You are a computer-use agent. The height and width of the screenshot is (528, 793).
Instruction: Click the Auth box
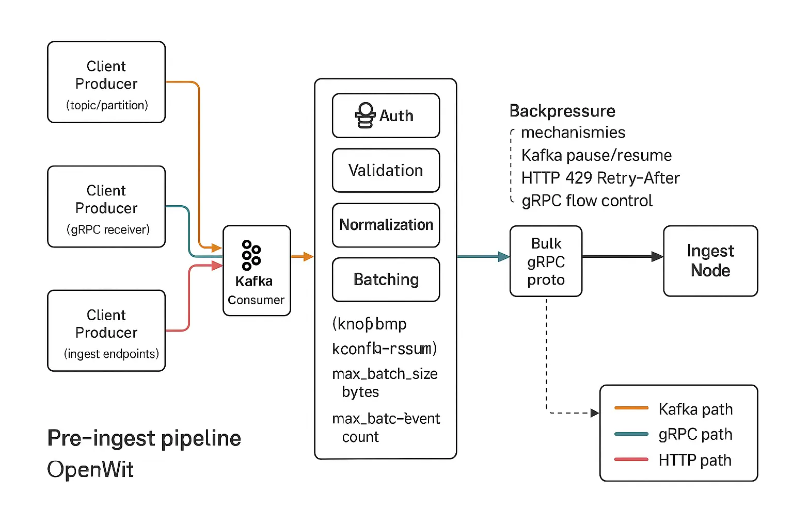pos(386,115)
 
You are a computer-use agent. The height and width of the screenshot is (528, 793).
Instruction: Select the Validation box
pos(386,170)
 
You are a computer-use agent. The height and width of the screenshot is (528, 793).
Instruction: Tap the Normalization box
pos(386,225)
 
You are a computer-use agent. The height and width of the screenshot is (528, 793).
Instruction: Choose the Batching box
pos(386,279)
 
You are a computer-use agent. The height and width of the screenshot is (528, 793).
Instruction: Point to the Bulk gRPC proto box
pos(546,261)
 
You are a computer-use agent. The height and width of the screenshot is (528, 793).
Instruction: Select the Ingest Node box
pos(710,261)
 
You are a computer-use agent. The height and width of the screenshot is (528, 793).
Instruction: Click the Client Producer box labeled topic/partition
pos(106,82)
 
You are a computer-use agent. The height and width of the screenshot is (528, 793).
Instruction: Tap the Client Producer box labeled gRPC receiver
pos(106,207)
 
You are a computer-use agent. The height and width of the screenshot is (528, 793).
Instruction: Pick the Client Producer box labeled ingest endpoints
pos(106,331)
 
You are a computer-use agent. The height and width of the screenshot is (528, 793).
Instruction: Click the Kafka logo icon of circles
pos(251,255)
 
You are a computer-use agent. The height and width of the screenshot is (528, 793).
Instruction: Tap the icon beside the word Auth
pos(365,115)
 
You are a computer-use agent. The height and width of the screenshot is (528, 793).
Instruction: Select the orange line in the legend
pos(631,408)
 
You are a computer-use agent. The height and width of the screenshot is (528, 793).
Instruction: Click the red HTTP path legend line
pos(631,459)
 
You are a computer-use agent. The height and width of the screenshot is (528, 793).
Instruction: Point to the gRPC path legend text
pos(695,434)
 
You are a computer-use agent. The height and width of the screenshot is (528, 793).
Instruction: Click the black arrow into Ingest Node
pos(622,256)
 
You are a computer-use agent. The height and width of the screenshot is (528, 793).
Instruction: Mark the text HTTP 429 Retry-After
pos(600,178)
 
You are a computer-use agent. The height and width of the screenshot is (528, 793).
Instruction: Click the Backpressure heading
pos(562,111)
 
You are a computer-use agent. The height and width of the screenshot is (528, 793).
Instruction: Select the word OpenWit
pos(90,469)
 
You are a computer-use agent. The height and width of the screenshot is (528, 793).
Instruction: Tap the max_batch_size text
pos(385,374)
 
